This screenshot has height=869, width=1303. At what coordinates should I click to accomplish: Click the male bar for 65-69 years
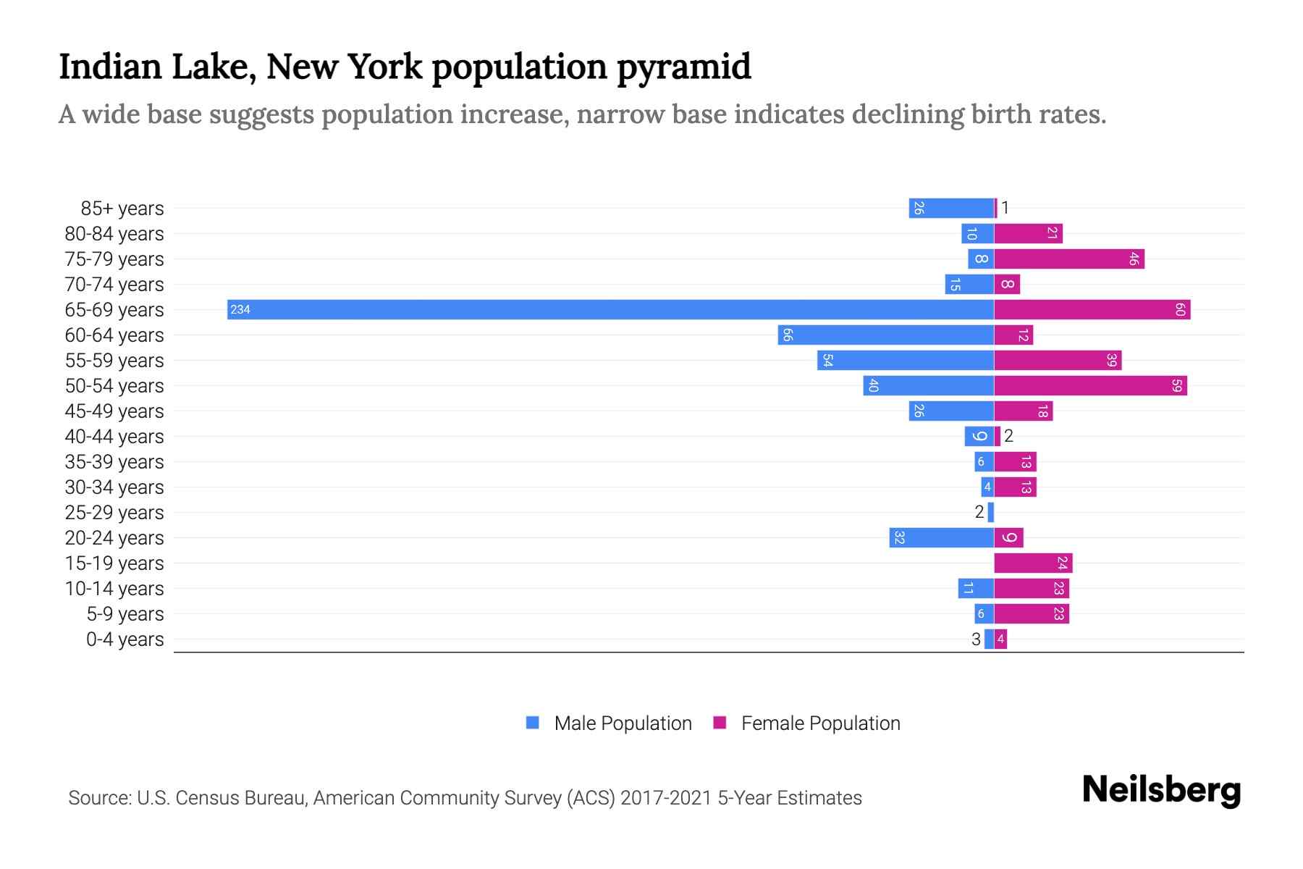(610, 309)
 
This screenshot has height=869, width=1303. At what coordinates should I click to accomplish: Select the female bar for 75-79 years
(1069, 259)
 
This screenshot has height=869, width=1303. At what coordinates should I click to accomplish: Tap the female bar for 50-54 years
(1090, 385)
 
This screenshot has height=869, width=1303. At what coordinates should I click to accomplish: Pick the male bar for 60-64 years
(886, 335)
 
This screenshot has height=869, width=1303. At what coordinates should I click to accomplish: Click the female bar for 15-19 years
(1033, 563)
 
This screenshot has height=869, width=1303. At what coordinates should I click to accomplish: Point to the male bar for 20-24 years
(942, 537)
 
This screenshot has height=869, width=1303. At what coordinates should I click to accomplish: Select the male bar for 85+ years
(951, 208)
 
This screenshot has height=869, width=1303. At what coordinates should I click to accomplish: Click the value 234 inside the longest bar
(240, 310)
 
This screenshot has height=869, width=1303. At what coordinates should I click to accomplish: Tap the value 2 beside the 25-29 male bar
(979, 512)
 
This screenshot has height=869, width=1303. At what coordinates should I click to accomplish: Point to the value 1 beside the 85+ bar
(1005, 208)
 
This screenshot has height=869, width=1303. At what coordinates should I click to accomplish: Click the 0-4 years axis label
(125, 639)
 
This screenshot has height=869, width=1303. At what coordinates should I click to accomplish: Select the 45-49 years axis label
(114, 411)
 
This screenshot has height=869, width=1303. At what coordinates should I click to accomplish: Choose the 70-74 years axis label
(114, 285)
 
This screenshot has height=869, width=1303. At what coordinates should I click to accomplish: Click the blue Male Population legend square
(533, 723)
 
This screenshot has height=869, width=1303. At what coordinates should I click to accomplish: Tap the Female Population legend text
(820, 723)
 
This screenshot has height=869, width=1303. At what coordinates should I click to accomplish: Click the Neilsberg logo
(1161, 790)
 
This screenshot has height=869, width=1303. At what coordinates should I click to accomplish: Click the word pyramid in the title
(684, 67)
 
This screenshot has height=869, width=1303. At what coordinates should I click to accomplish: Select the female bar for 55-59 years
(1058, 360)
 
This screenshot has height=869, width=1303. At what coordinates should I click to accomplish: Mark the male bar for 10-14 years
(976, 588)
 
